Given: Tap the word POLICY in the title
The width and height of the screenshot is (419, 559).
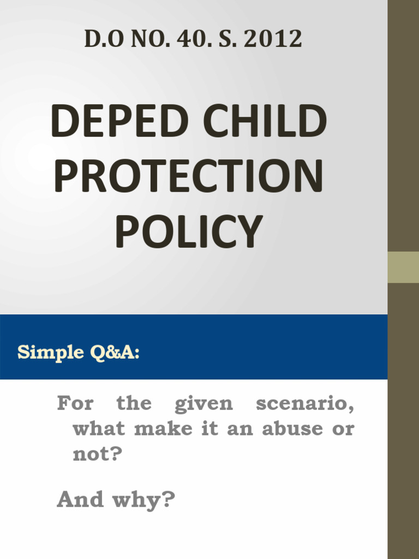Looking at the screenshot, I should point(189,232).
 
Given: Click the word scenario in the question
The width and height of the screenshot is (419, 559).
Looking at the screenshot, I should point(304,405).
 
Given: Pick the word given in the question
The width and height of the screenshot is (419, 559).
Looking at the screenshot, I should point(203,405).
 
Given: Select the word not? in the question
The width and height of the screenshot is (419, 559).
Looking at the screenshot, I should point(96,454).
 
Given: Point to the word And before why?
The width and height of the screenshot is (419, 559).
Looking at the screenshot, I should point(80,499).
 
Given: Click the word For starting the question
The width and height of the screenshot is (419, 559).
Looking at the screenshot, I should point(75,404).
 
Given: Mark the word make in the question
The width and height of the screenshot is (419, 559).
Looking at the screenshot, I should point(160,429).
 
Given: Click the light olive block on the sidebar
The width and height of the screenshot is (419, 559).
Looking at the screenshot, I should point(403,267).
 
